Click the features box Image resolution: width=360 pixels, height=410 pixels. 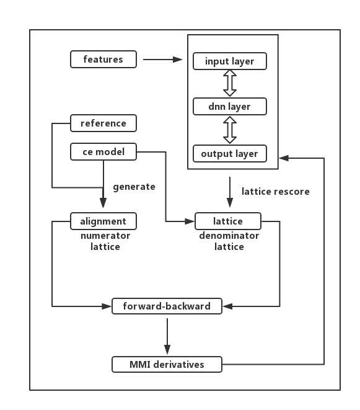coord(103,60)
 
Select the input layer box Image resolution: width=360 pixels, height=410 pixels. coord(230,61)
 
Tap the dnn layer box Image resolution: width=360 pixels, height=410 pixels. coord(230,107)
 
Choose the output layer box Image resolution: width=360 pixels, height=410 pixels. coord(230,153)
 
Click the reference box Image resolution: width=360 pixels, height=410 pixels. coord(103,123)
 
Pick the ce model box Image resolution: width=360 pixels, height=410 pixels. coord(103,152)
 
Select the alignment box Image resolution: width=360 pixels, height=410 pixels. coord(103,221)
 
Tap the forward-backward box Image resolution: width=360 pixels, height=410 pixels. coord(167,306)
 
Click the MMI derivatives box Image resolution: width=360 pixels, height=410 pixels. coord(167,364)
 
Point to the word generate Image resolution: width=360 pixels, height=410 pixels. coord(134,187)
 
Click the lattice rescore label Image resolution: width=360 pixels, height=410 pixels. coord(276,192)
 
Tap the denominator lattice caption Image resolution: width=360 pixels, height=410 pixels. coord(229,241)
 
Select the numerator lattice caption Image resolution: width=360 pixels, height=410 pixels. coord(105,241)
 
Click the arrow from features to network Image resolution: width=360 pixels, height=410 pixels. coord(163,60)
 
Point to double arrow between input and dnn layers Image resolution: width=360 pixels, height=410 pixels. coord(230,83)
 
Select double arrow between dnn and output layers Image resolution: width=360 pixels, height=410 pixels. coord(230,130)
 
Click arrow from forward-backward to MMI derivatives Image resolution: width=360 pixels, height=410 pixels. coord(167,336)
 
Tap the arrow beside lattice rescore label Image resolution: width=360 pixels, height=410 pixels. coord(230,192)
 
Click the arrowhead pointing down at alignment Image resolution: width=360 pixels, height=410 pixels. coord(103,203)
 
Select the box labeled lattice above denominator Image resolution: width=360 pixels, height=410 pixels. coord(228,221)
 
